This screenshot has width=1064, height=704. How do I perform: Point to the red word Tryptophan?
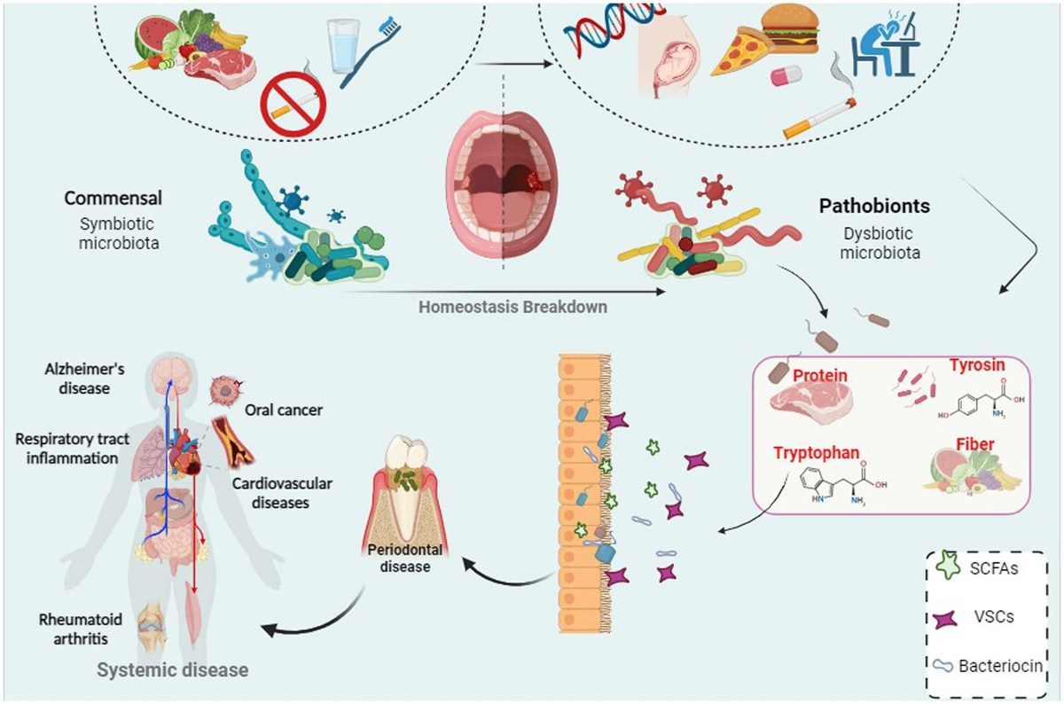tap(815, 452)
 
